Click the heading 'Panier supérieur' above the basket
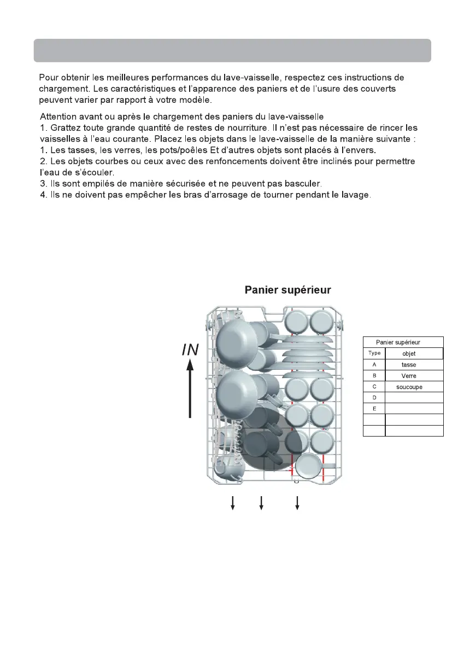(x=287, y=289)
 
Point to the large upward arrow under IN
(x=190, y=391)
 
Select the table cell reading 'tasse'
(x=408, y=364)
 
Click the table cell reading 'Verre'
(x=408, y=376)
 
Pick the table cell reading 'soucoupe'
(x=408, y=387)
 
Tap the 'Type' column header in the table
(x=374, y=353)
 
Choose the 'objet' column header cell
(x=408, y=353)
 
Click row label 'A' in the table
(x=374, y=364)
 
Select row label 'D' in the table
(x=374, y=398)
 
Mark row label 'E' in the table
(x=374, y=409)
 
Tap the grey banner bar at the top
(x=232, y=50)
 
